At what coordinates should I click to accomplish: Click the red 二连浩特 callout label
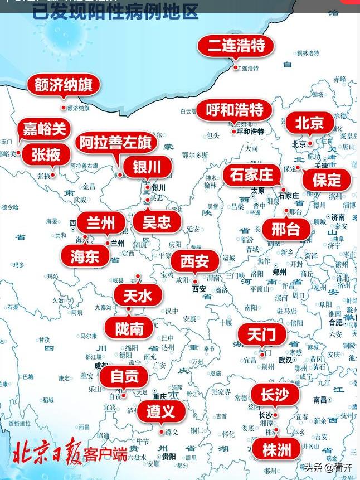click(x=236, y=46)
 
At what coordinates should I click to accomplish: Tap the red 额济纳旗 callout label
click(x=64, y=85)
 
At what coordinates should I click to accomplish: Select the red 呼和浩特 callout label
click(x=234, y=110)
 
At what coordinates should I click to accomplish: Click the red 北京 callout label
click(x=309, y=123)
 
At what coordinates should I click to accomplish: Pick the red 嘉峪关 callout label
click(x=45, y=130)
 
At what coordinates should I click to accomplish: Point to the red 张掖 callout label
click(x=46, y=155)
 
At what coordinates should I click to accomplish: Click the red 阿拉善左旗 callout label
click(x=115, y=143)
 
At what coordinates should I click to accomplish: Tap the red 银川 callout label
click(x=147, y=166)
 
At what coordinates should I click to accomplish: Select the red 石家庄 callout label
click(x=251, y=175)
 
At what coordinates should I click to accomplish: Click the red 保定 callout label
click(x=327, y=180)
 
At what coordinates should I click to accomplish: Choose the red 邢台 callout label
click(x=286, y=229)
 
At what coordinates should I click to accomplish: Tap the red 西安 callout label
click(x=194, y=261)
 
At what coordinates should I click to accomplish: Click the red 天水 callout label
click(x=138, y=295)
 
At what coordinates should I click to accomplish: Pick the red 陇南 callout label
click(x=129, y=329)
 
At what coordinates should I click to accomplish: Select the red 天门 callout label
click(x=261, y=334)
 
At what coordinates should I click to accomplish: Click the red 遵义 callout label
click(x=160, y=411)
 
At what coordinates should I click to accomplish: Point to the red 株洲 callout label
click(x=276, y=449)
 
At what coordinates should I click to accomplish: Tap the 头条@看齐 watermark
click(x=328, y=467)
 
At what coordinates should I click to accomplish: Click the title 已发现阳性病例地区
click(x=115, y=11)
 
